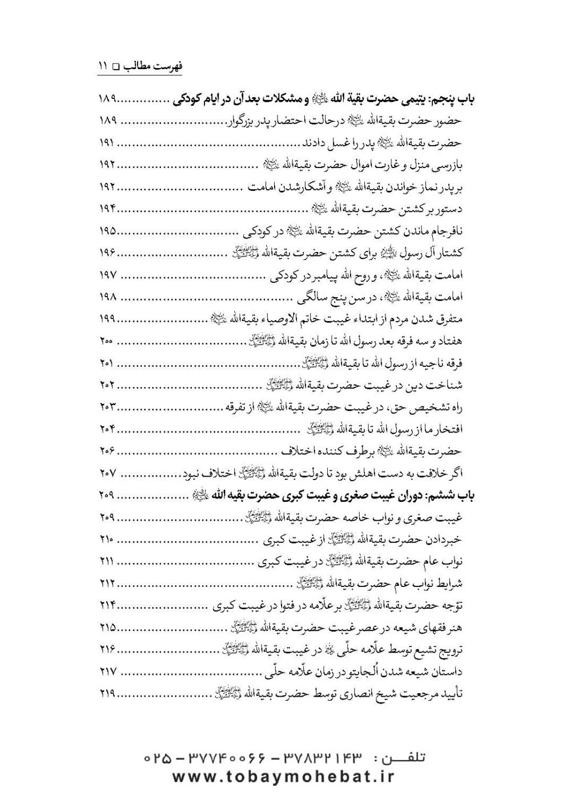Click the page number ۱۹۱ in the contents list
pyautogui.click(x=107, y=141)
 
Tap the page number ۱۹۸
pyautogui.click(x=107, y=297)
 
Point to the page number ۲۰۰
pyautogui.click(x=106, y=341)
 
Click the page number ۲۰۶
pyautogui.click(x=107, y=452)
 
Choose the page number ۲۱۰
pyautogui.click(x=106, y=540)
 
